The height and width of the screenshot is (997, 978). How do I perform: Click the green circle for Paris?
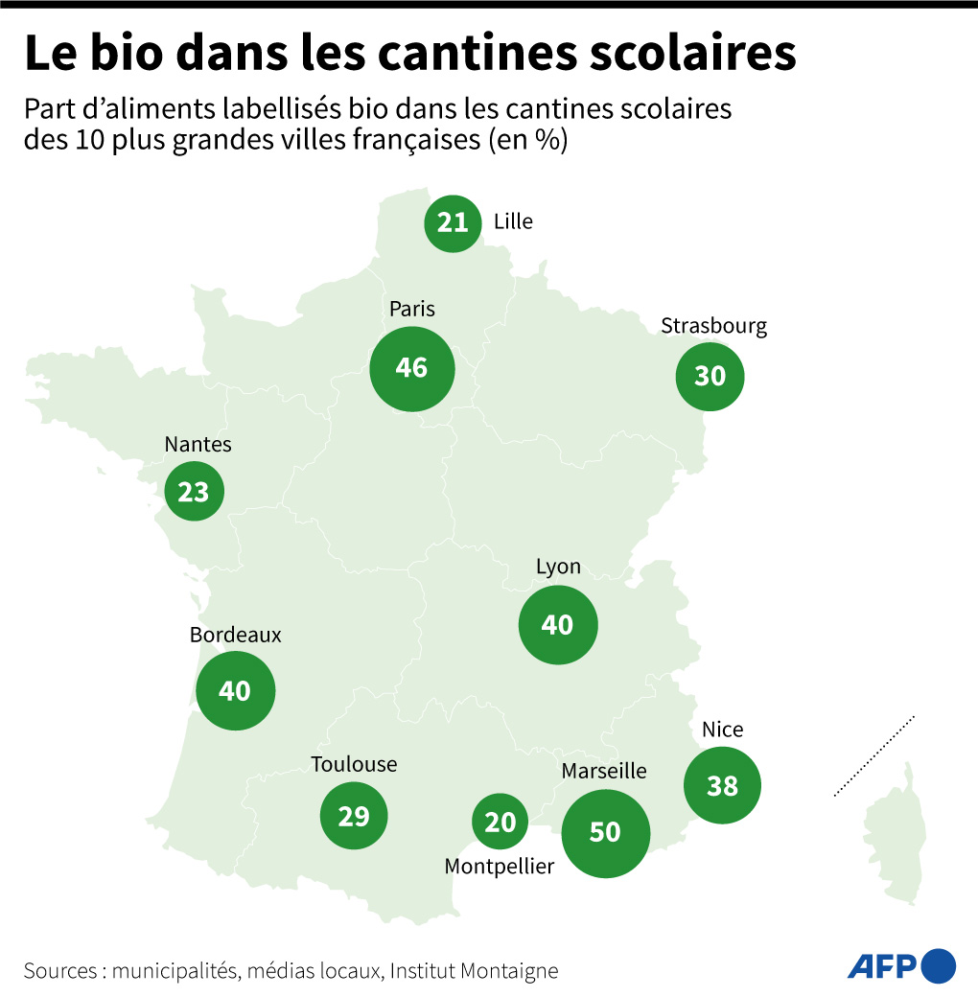411,368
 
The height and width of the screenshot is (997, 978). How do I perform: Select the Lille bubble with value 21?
453,223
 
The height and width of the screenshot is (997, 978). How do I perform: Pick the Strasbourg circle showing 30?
710,377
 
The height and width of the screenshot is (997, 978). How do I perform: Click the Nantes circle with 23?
194,492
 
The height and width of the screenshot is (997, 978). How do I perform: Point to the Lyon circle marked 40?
557,625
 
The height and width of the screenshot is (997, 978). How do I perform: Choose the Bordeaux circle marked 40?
235,690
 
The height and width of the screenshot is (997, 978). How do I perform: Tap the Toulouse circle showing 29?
354,817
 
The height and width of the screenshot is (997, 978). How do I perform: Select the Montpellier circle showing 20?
501,822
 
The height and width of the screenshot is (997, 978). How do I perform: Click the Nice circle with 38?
723,786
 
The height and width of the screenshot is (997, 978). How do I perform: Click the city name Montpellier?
500,867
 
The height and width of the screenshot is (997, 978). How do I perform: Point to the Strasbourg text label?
714,326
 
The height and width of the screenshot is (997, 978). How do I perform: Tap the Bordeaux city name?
236,635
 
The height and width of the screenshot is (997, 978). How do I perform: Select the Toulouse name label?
354,764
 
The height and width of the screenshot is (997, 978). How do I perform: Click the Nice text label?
723,730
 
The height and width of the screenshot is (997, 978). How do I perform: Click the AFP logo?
901,965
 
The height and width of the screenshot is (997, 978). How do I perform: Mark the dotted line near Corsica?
874,755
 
